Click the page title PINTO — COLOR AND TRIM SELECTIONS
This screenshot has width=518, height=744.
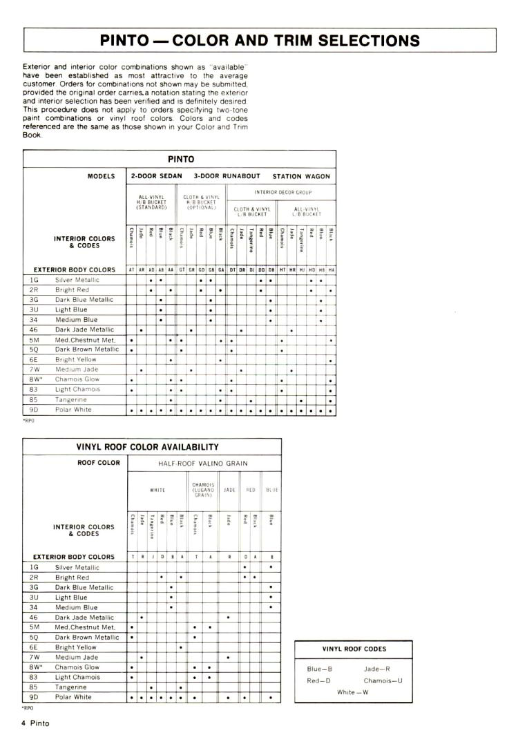point(260,40)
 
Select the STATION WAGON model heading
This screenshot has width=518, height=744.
point(301,176)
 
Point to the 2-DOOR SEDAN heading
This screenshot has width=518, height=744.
point(157,176)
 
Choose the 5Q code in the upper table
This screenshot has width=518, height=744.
point(34,350)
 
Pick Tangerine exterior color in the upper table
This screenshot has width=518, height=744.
point(70,400)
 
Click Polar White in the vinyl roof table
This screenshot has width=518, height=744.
point(73,697)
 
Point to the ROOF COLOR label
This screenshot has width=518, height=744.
point(99,463)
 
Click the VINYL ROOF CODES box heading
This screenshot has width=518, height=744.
point(354,649)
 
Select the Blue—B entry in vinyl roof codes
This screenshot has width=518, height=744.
point(320,669)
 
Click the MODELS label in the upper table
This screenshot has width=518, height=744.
point(101,176)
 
